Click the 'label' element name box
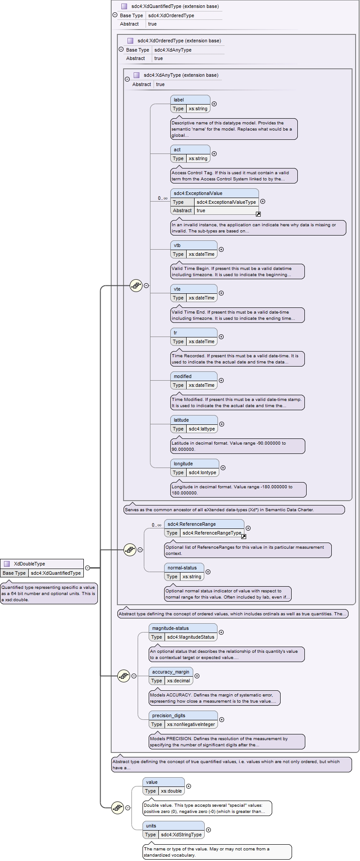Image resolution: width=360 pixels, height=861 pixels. (190, 100)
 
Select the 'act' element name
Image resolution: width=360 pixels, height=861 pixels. (177, 150)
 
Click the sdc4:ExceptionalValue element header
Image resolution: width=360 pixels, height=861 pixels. (214, 193)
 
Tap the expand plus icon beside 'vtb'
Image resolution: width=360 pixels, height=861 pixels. (221, 249)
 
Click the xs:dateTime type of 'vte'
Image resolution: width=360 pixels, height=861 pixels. (202, 298)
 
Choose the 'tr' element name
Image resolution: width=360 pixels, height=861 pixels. (175, 333)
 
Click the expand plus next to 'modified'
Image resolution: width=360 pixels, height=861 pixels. (221, 380)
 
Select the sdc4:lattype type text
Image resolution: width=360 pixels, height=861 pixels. (202, 429)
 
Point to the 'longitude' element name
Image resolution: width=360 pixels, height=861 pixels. (183, 464)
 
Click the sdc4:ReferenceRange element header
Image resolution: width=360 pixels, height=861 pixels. (204, 524)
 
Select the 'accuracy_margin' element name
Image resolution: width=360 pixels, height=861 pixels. (171, 672)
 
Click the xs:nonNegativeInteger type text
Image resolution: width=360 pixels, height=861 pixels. (191, 724)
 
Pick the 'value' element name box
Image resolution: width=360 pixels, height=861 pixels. (164, 782)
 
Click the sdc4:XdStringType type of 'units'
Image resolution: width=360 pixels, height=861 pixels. (181, 835)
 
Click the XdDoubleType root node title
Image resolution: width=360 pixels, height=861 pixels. (30, 564)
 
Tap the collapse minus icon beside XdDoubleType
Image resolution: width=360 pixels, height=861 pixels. (87, 568)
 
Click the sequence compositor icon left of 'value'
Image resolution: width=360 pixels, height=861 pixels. (117, 808)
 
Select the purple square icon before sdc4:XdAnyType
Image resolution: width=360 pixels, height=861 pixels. (136, 75)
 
